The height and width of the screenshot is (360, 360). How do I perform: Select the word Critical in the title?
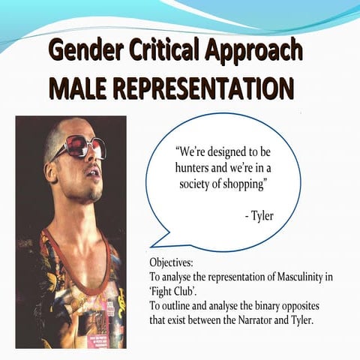point(162,50)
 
